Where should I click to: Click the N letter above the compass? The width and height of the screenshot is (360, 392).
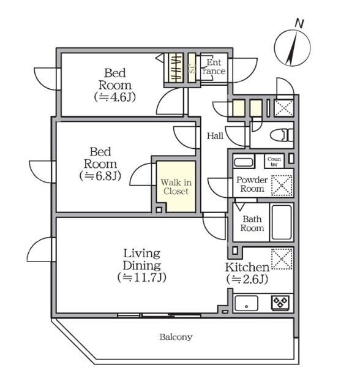click(x=299, y=23)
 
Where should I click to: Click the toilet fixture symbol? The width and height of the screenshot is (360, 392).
click(x=282, y=135)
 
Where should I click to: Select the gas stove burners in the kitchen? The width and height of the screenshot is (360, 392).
click(x=280, y=303)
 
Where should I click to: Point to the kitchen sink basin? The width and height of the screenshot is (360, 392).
click(x=246, y=303)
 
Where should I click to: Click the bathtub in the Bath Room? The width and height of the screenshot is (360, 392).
click(x=282, y=222)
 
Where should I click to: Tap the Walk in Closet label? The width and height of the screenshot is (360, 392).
click(x=176, y=187)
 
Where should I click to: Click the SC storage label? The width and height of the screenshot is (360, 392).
click(x=192, y=67)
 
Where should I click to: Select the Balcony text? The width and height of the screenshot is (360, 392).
click(x=176, y=337)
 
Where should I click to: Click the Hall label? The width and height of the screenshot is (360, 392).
click(x=215, y=136)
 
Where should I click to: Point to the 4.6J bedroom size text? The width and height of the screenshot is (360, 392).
click(x=115, y=97)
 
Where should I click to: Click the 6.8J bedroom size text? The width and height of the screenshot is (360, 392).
click(x=100, y=176)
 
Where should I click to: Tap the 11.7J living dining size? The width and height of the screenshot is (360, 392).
click(x=142, y=277)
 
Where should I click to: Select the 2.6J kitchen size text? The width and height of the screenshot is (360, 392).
click(x=247, y=279)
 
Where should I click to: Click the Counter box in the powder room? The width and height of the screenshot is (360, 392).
click(x=274, y=161)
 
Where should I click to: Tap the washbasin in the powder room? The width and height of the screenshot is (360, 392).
click(x=244, y=161)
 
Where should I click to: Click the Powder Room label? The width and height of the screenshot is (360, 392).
click(x=252, y=184)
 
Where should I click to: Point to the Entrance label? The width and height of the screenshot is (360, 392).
click(x=214, y=67)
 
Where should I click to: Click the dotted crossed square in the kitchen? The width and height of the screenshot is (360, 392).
click(x=282, y=258)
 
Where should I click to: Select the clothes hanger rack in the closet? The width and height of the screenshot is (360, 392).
click(x=175, y=67)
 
